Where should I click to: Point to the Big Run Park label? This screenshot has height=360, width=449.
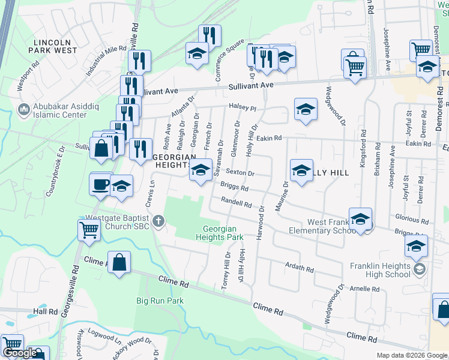[x=158, y=300]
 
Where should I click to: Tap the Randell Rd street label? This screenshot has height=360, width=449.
[x=235, y=203]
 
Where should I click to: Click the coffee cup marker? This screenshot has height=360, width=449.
[x=100, y=182]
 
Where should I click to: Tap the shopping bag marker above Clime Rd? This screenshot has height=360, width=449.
[x=119, y=262]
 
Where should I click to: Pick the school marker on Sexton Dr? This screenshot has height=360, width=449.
[x=200, y=170]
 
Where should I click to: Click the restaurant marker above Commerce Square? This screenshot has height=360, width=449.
[x=209, y=35]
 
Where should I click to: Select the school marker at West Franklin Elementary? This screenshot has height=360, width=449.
[x=360, y=219]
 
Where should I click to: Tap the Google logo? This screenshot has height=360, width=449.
[x=20, y=353]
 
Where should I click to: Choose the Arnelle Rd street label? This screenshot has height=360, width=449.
[x=364, y=289]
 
